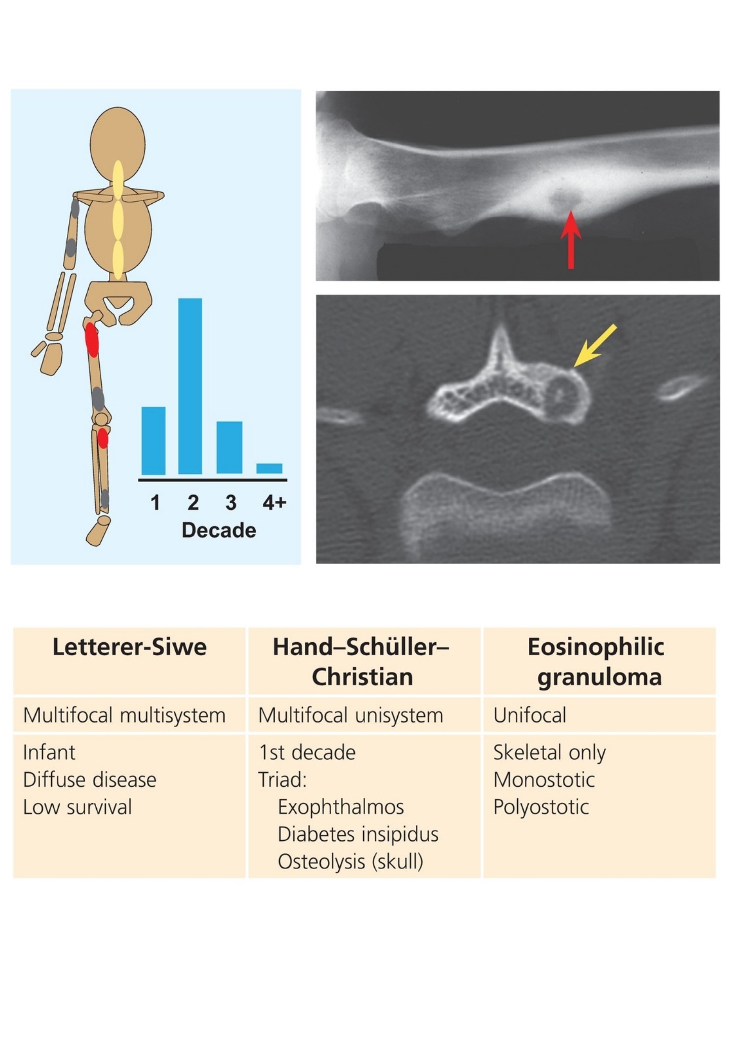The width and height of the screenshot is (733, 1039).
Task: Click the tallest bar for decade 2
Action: point(190,386)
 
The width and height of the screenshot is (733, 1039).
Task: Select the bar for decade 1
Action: point(153,441)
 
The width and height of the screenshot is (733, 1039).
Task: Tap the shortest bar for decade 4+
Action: point(269,469)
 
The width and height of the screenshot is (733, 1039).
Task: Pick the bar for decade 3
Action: point(229,448)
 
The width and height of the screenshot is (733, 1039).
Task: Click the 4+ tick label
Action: point(274,502)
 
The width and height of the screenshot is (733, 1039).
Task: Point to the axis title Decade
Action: point(219,530)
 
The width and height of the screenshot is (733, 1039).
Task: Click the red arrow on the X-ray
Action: point(570,239)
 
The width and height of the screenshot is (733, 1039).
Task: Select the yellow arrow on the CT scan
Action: point(595,346)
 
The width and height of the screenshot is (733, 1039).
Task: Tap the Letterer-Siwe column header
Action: point(130,647)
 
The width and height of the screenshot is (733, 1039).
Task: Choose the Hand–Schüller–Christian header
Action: point(362,662)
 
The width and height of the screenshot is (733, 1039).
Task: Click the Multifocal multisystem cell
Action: point(124,715)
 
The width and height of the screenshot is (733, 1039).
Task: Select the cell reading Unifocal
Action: point(530,715)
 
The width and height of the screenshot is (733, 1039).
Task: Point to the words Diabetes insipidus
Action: point(358,834)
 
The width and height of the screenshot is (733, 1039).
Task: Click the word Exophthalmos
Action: point(341,807)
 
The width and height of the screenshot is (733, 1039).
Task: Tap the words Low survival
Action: point(78,807)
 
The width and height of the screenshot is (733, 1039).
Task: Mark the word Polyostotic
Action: point(541,807)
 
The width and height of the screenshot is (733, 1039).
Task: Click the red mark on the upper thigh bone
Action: point(92,340)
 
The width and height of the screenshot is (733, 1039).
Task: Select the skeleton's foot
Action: point(98,531)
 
